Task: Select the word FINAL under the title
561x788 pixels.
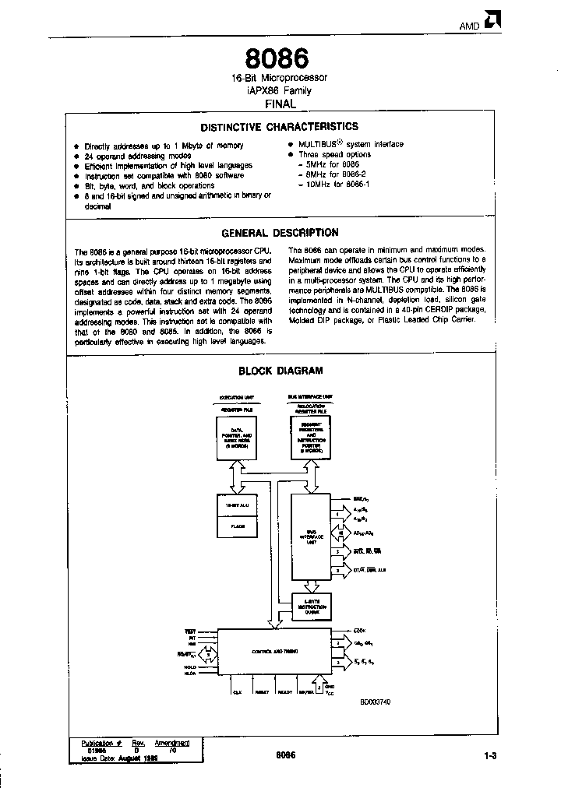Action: (x=280, y=103)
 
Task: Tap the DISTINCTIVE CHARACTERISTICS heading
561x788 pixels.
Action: (x=280, y=126)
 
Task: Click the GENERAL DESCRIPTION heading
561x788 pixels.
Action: (x=280, y=232)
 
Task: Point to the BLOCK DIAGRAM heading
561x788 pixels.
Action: (x=280, y=371)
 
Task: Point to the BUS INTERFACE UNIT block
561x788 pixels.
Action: (x=309, y=536)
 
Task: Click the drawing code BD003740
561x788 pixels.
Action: (x=375, y=702)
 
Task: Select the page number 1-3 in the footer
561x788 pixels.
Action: (x=490, y=755)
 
